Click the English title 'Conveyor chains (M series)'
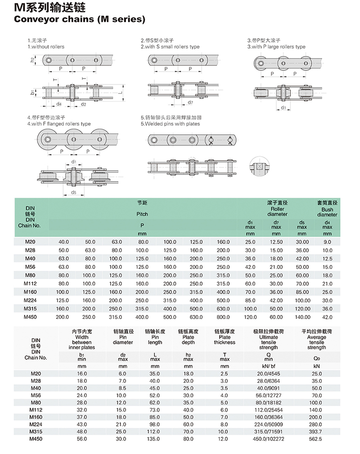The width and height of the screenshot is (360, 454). [x=80, y=19]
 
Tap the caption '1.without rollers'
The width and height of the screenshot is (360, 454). [x=46, y=47]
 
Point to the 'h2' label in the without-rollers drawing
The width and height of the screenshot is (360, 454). [x=32, y=59]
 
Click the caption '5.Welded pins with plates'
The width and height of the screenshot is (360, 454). [x=170, y=124]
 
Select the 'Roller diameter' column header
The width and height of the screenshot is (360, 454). [x=277, y=212]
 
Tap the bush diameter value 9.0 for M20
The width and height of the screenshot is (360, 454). [x=327, y=242]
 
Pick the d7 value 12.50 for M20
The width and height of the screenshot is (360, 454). [x=276, y=242]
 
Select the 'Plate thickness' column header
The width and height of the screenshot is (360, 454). [x=225, y=340]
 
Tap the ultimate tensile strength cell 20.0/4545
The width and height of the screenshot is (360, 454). [x=269, y=373]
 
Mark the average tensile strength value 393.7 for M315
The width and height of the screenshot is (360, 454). [x=317, y=431]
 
